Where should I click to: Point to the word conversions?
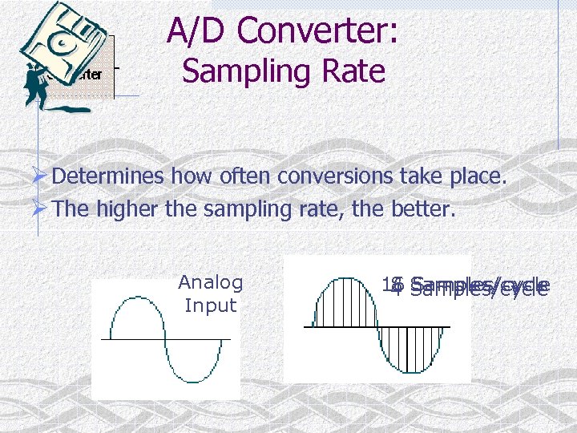(x=335, y=176)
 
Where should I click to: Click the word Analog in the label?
(x=211, y=282)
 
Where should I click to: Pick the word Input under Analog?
(x=211, y=306)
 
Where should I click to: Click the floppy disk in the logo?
(x=60, y=40)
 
